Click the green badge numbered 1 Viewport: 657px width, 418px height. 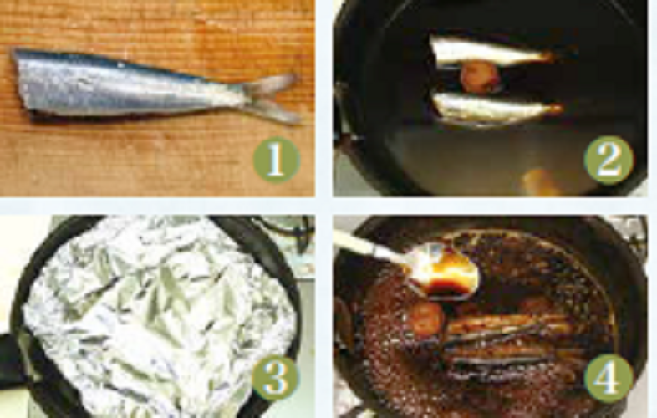(x=276, y=159)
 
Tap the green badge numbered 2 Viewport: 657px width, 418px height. (x=609, y=160)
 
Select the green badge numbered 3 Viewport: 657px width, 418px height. (x=275, y=377)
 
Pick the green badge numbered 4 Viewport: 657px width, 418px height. (x=608, y=378)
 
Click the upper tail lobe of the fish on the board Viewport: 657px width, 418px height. (x=272, y=82)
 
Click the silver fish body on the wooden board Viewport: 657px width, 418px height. (x=125, y=89)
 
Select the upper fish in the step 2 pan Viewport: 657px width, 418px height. (x=490, y=51)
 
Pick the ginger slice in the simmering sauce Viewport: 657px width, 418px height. (x=426, y=319)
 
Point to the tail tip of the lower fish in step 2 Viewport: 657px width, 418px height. (x=557, y=109)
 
